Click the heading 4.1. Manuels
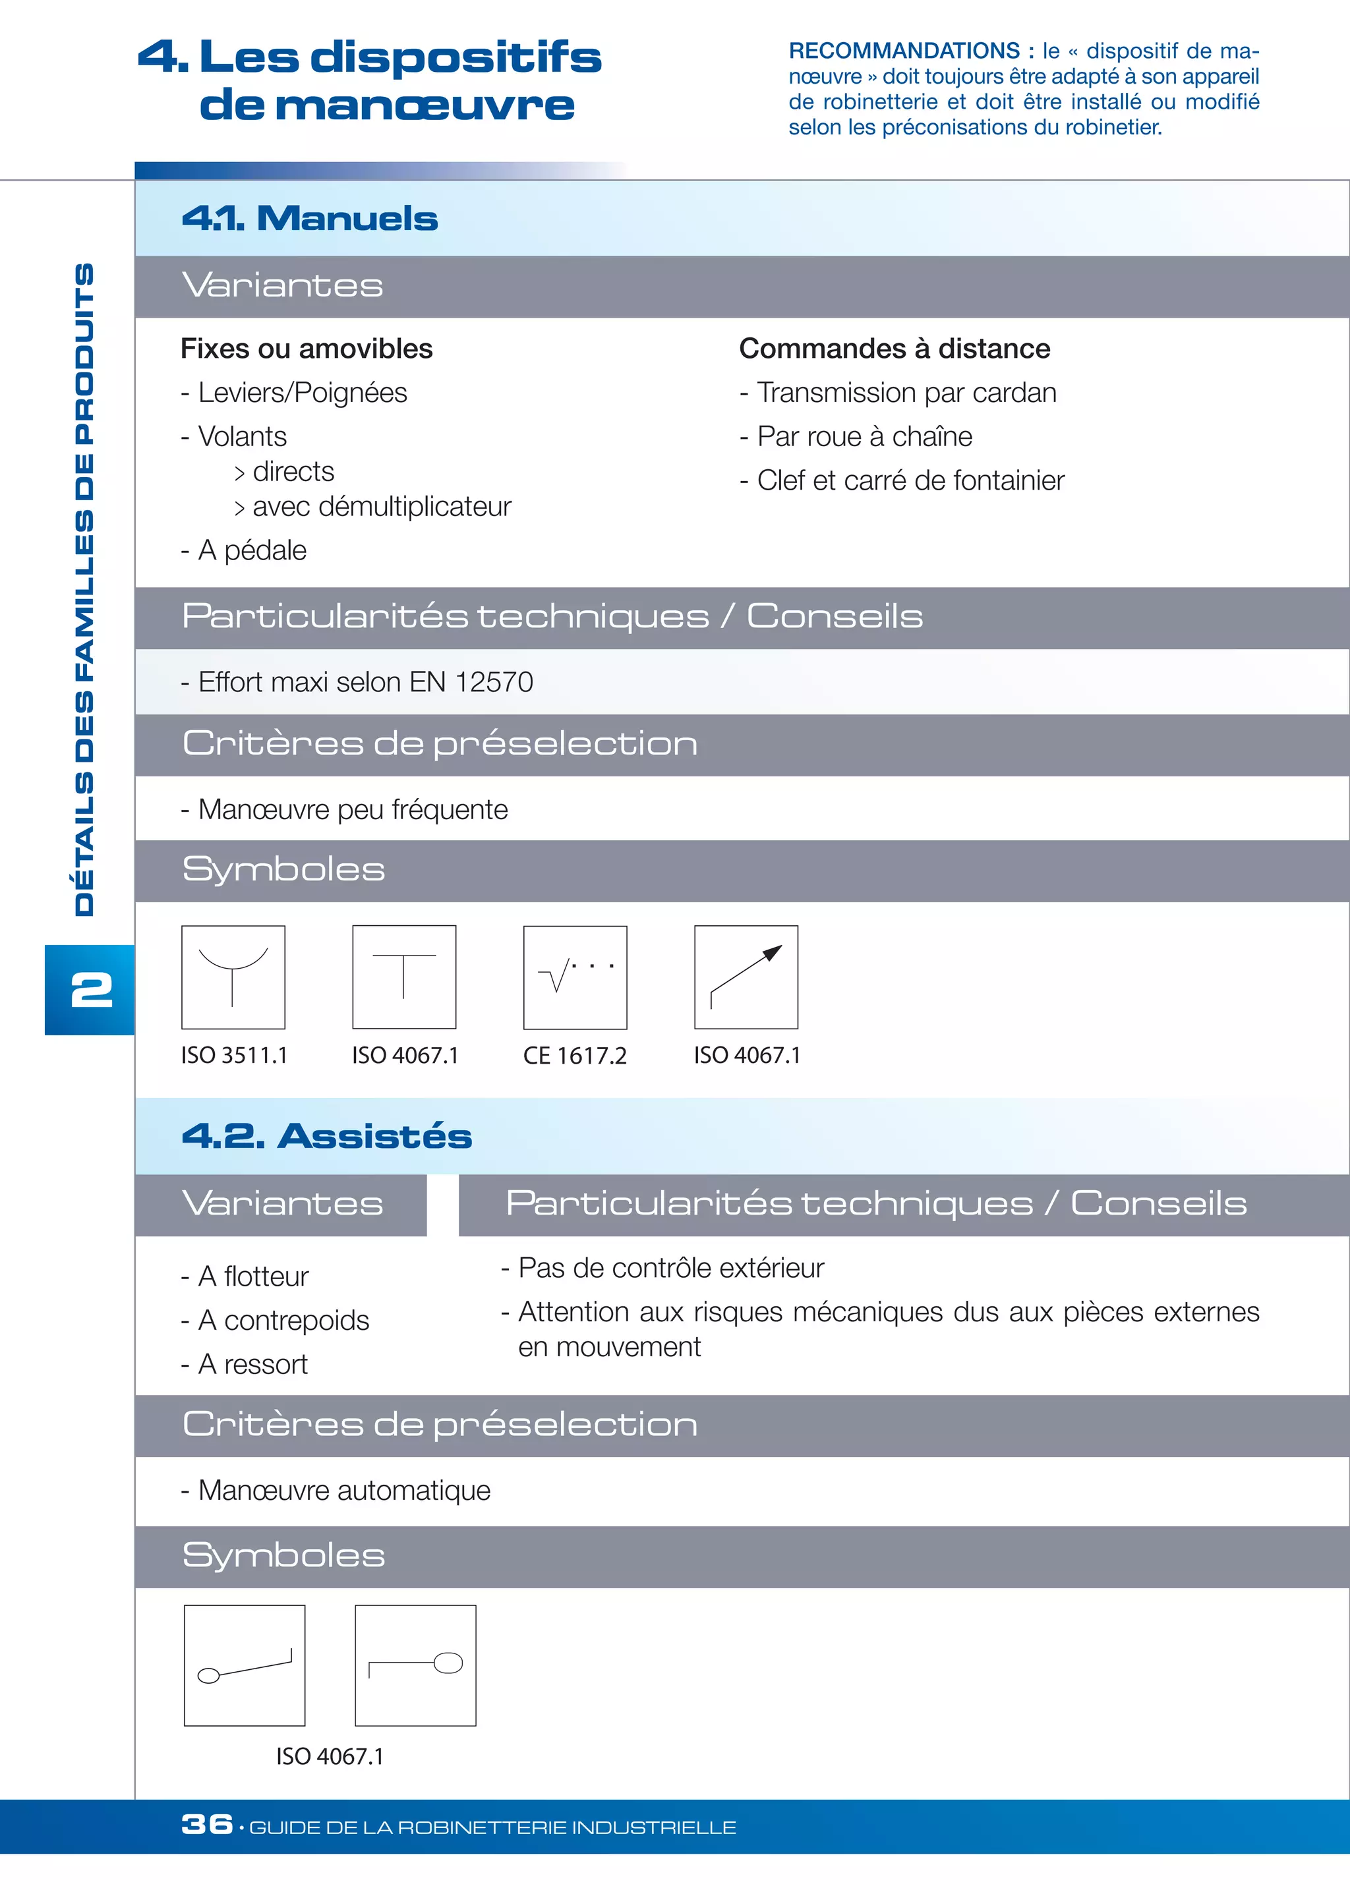(309, 219)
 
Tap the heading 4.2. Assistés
(327, 1135)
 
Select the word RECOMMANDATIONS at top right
(904, 51)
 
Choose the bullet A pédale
(252, 550)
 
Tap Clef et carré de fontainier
(910, 480)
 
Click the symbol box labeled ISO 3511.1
(233, 977)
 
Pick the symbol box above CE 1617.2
(575, 977)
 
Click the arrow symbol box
(746, 977)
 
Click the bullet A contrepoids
(283, 1321)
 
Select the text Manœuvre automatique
(344, 1490)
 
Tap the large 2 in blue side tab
(92, 990)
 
